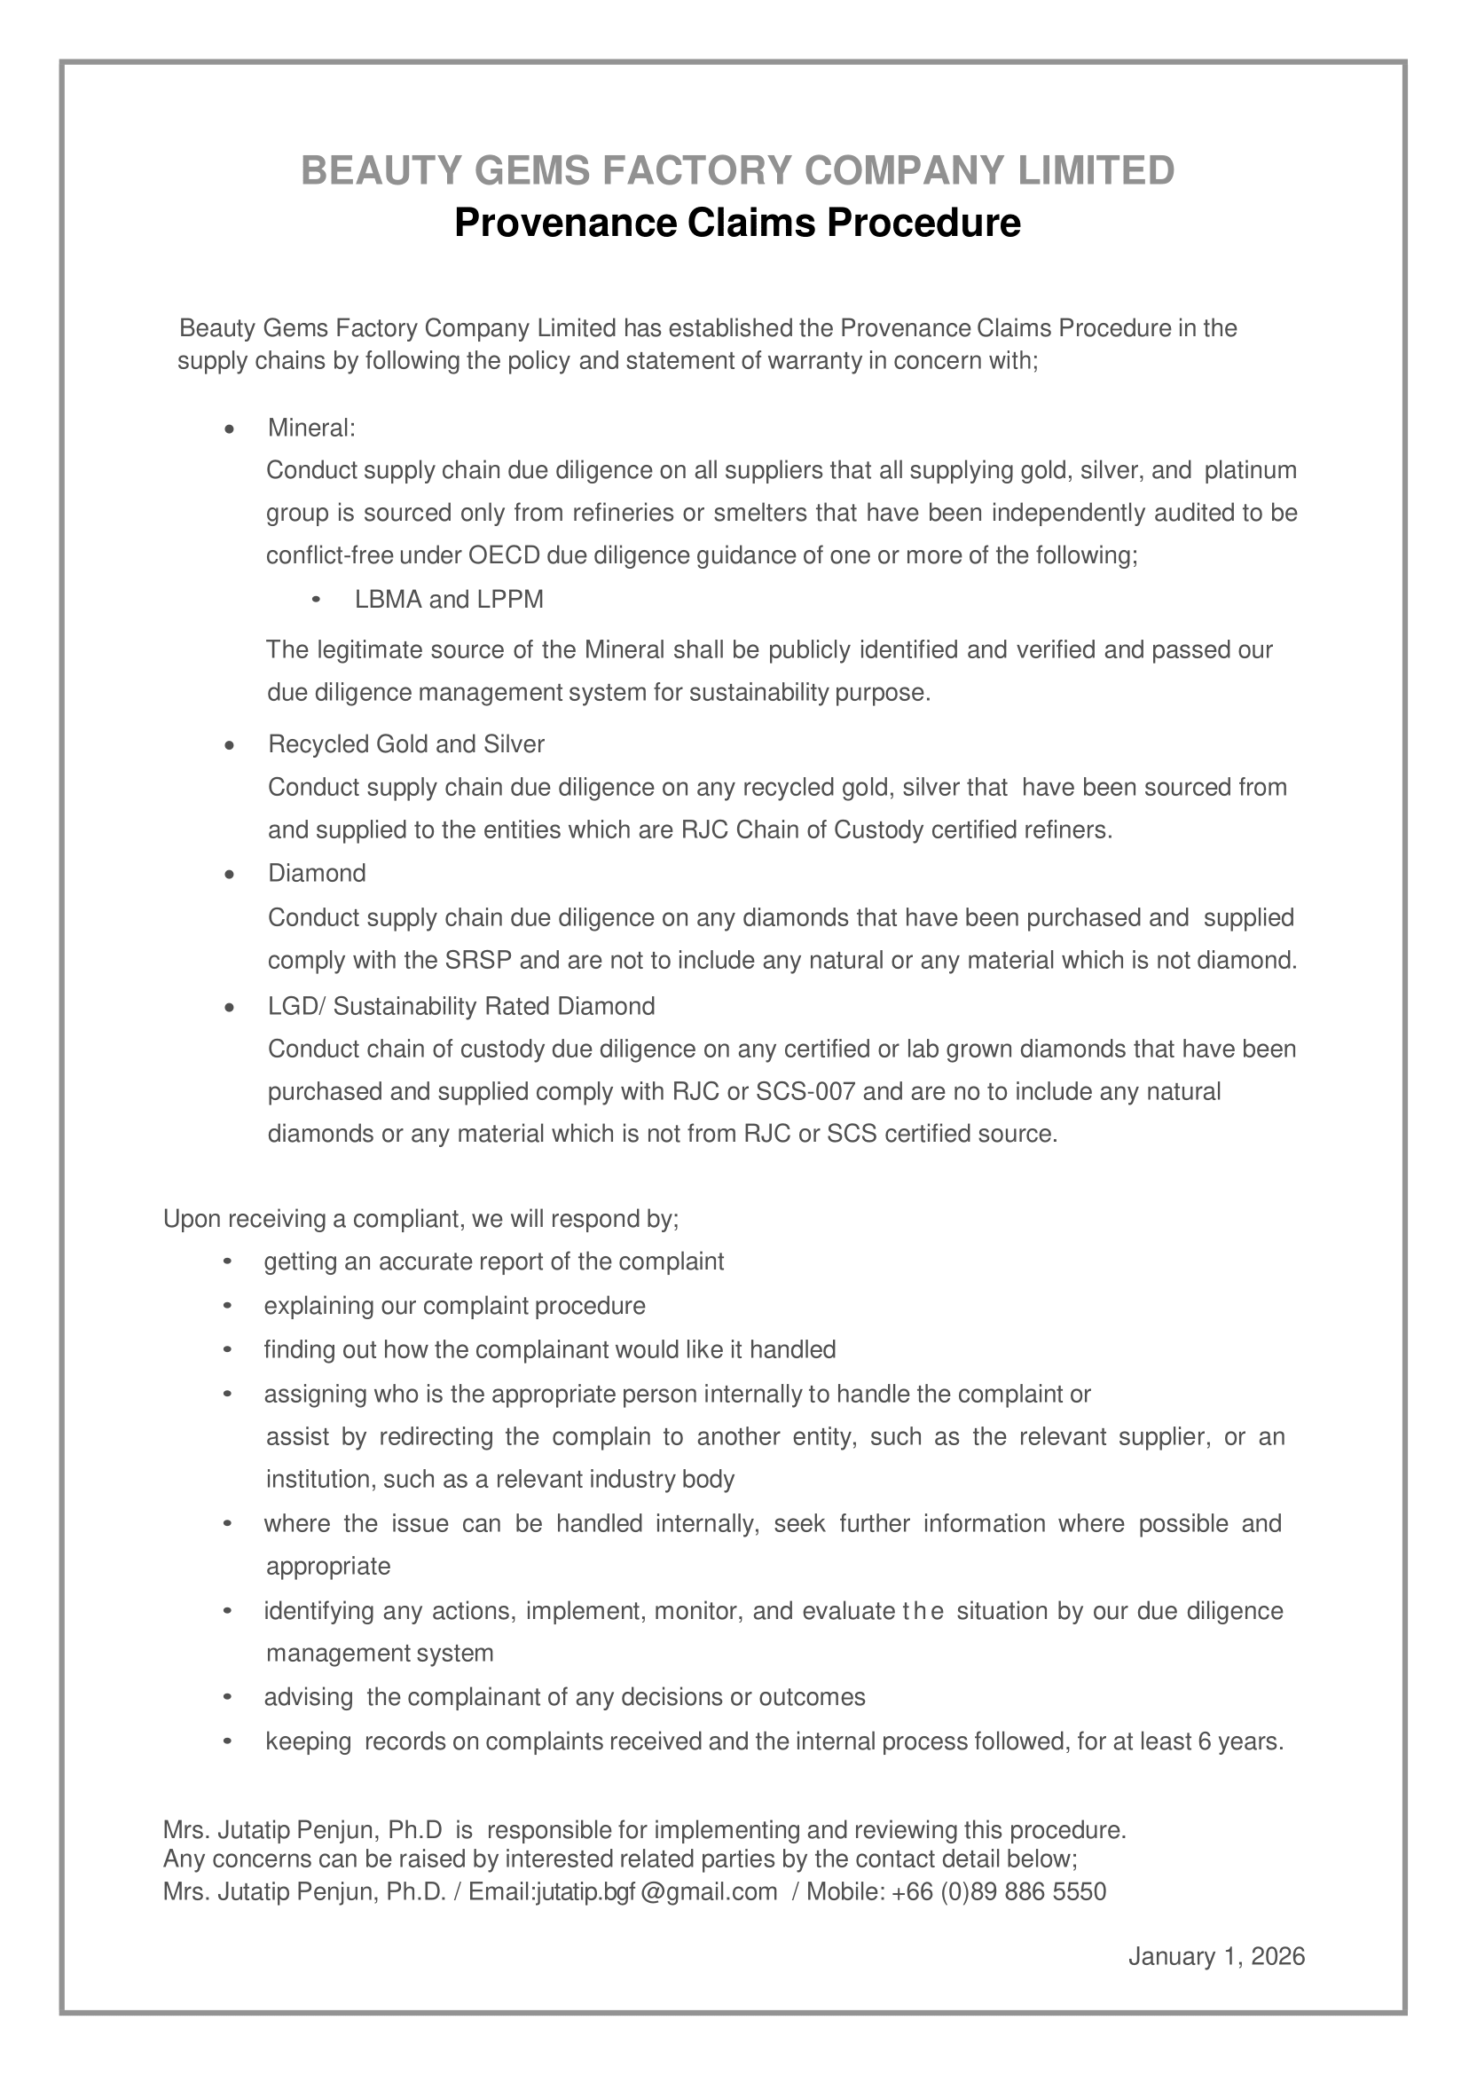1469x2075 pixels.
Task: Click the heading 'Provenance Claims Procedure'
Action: click(737, 223)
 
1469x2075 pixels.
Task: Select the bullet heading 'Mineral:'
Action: click(311, 428)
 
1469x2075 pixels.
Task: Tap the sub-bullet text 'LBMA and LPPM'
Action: click(449, 600)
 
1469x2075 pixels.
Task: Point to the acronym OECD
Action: click(504, 555)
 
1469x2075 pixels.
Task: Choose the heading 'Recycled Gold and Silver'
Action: click(406, 744)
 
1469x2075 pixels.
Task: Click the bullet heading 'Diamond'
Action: click(317, 874)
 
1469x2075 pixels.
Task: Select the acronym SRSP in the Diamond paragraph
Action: click(479, 961)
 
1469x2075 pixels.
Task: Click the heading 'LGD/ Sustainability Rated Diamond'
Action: click(461, 1007)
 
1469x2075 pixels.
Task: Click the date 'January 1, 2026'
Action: click(1215, 1957)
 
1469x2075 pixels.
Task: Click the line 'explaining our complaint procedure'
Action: click(454, 1306)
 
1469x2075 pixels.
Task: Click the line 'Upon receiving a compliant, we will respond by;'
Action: click(420, 1219)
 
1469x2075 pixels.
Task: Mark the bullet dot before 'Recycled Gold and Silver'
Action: click(230, 745)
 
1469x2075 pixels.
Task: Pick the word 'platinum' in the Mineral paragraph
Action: click(1251, 470)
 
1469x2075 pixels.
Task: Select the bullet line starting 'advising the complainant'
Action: click(564, 1697)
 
